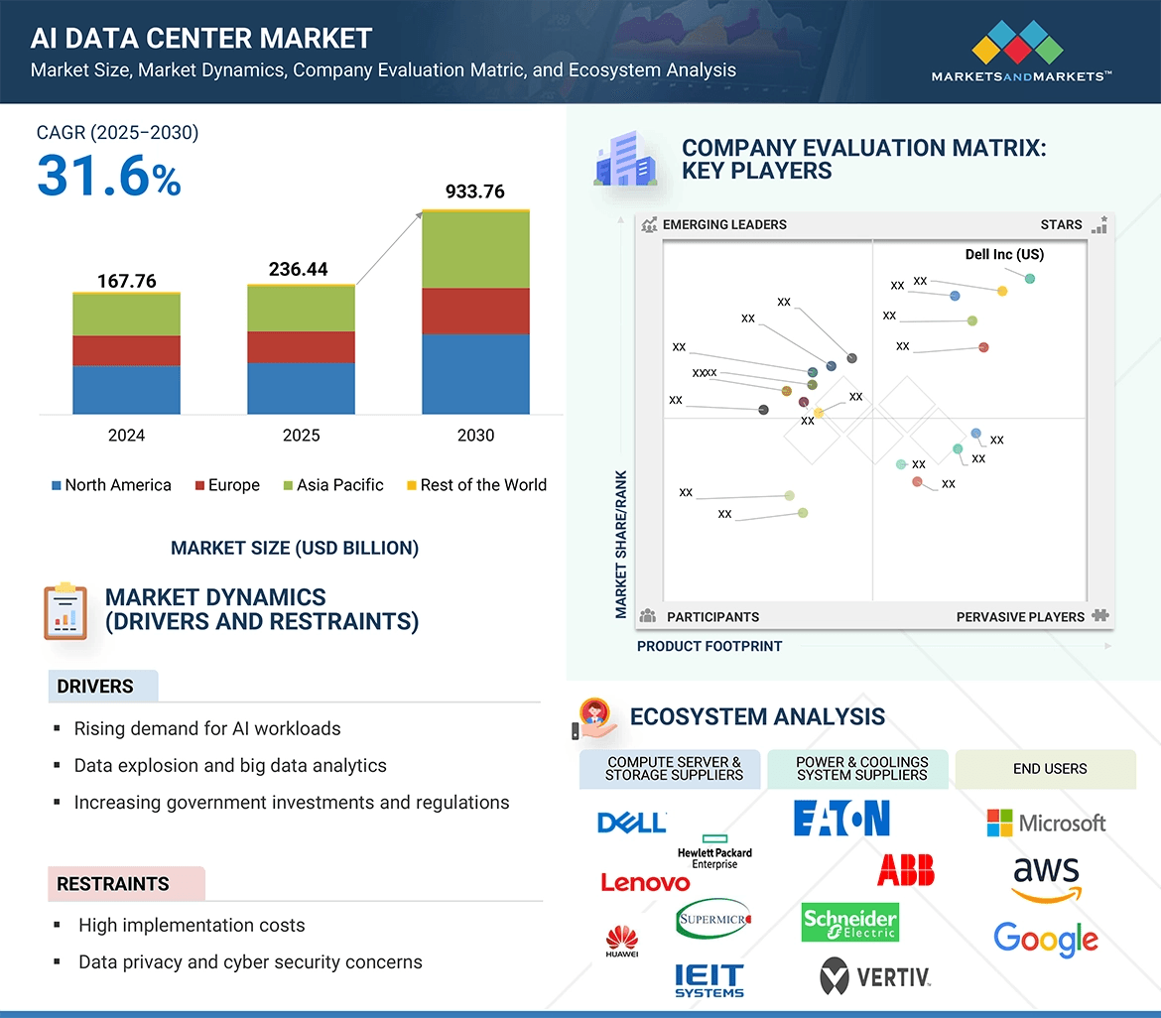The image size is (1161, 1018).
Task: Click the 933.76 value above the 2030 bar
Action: (475, 191)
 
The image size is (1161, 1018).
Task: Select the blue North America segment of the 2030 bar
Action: (475, 374)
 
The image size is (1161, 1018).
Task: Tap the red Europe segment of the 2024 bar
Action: (126, 350)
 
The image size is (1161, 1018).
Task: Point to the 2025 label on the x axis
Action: (301, 436)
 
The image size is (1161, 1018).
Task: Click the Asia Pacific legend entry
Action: (333, 485)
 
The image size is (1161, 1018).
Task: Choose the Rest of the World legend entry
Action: (476, 485)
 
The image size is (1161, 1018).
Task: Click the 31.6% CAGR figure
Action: (109, 176)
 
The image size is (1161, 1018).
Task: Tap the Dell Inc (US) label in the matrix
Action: (1004, 255)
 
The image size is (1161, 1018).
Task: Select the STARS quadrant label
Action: (1061, 224)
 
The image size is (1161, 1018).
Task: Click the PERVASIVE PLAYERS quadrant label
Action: (1020, 617)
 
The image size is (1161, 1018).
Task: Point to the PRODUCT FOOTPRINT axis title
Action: (709, 647)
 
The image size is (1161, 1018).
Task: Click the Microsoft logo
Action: (1046, 823)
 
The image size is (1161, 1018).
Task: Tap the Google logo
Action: (1046, 939)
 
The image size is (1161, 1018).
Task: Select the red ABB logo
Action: (905, 870)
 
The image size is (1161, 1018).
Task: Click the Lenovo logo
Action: (645, 882)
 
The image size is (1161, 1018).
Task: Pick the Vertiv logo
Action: (875, 976)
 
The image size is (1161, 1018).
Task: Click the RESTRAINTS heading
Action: (113, 884)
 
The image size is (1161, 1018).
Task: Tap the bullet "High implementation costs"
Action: (192, 926)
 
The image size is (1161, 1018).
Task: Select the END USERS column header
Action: (1049, 769)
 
